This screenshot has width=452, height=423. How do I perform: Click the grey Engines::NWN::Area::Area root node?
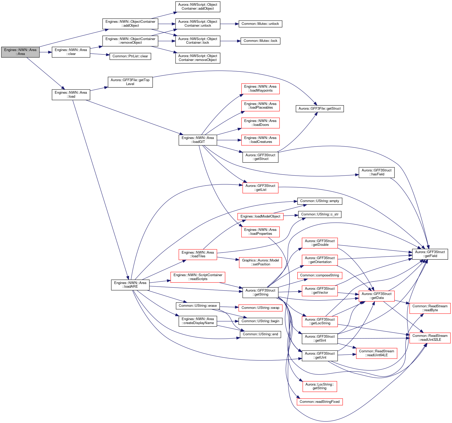pyautogui.click(x=20, y=52)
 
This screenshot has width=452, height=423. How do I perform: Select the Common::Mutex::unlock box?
pyautogui.click(x=260, y=24)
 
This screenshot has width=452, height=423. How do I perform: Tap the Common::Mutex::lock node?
pyautogui.click(x=260, y=41)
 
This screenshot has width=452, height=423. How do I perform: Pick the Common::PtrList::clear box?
pyautogui.click(x=130, y=56)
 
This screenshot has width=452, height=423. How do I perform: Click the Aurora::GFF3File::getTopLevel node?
pyautogui.click(x=130, y=82)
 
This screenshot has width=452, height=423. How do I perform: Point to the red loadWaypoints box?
pyautogui.click(x=260, y=89)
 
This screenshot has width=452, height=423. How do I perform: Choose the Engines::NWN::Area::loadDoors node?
pyautogui.click(x=260, y=123)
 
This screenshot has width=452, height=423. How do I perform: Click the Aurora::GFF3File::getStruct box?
pyautogui.click(x=320, y=109)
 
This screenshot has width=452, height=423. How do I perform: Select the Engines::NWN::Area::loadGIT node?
pyautogui.click(x=198, y=140)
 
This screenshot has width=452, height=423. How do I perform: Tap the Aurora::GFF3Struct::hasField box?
pyautogui.click(x=376, y=172)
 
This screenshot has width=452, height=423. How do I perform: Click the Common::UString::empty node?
pyautogui.click(x=320, y=201)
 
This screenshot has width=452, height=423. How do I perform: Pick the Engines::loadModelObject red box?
pyautogui.click(x=260, y=216)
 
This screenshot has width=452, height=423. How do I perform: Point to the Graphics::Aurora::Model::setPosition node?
pyautogui.click(x=260, y=263)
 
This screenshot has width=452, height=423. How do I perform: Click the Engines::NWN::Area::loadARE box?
pyautogui.click(x=130, y=285)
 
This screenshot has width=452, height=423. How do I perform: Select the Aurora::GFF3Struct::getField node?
pyautogui.click(x=430, y=254)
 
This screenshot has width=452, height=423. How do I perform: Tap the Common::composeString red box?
pyautogui.click(x=320, y=275)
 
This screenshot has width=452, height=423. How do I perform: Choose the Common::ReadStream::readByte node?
pyautogui.click(x=430, y=308)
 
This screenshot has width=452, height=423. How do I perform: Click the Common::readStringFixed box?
pyautogui.click(x=320, y=402)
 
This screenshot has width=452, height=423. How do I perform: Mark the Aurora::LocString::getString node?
pyautogui.click(x=320, y=387)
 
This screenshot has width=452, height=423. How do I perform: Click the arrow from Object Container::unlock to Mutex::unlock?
pyautogui.click(x=230, y=24)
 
